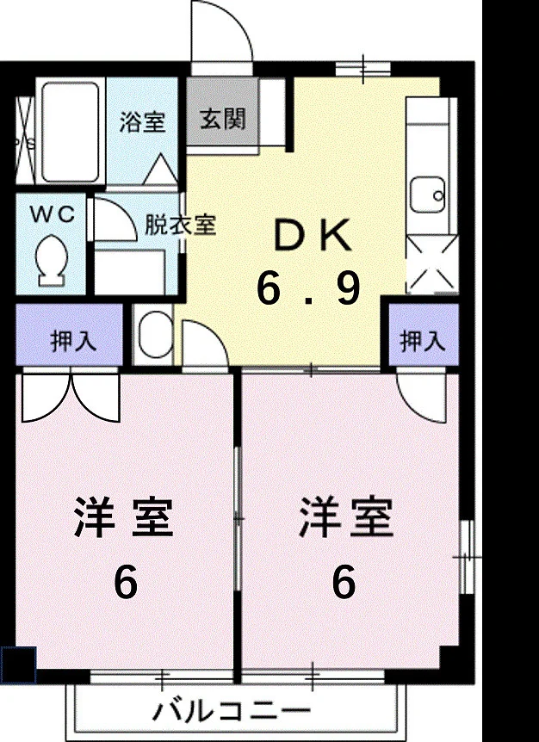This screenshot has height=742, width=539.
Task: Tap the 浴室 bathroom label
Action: click(142, 121)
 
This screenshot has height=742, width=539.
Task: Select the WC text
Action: click(53, 214)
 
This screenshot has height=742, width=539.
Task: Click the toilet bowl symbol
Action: click(51, 259)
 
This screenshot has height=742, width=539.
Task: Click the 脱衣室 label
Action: click(180, 225)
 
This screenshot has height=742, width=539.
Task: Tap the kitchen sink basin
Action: click(427, 195)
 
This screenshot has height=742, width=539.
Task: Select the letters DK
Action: click(313, 235)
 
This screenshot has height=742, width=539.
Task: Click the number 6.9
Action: click(309, 288)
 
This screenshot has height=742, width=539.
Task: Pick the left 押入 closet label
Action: click(73, 340)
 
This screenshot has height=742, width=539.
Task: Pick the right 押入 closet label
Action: click(423, 340)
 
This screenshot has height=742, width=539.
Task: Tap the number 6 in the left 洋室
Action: click(126, 582)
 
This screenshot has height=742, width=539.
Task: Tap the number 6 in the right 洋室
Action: click(344, 582)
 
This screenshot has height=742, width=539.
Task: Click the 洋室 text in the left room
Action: click(123, 517)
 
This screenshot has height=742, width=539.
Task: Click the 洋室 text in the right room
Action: click(347, 516)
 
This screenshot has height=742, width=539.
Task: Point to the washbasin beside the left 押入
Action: click(153, 334)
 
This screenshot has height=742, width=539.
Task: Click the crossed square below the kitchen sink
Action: click(433, 264)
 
